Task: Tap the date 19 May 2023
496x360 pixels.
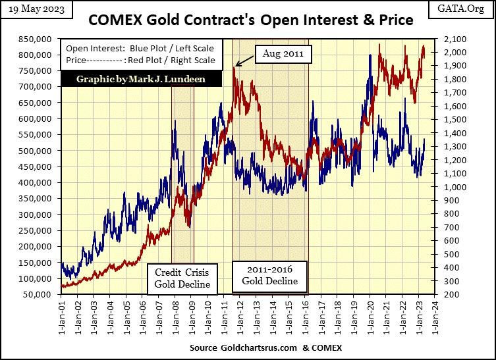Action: tap(32, 10)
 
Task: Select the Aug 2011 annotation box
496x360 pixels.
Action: tap(283, 54)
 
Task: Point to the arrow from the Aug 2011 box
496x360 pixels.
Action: tap(244, 61)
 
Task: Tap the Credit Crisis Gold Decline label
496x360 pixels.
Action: tap(182, 278)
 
